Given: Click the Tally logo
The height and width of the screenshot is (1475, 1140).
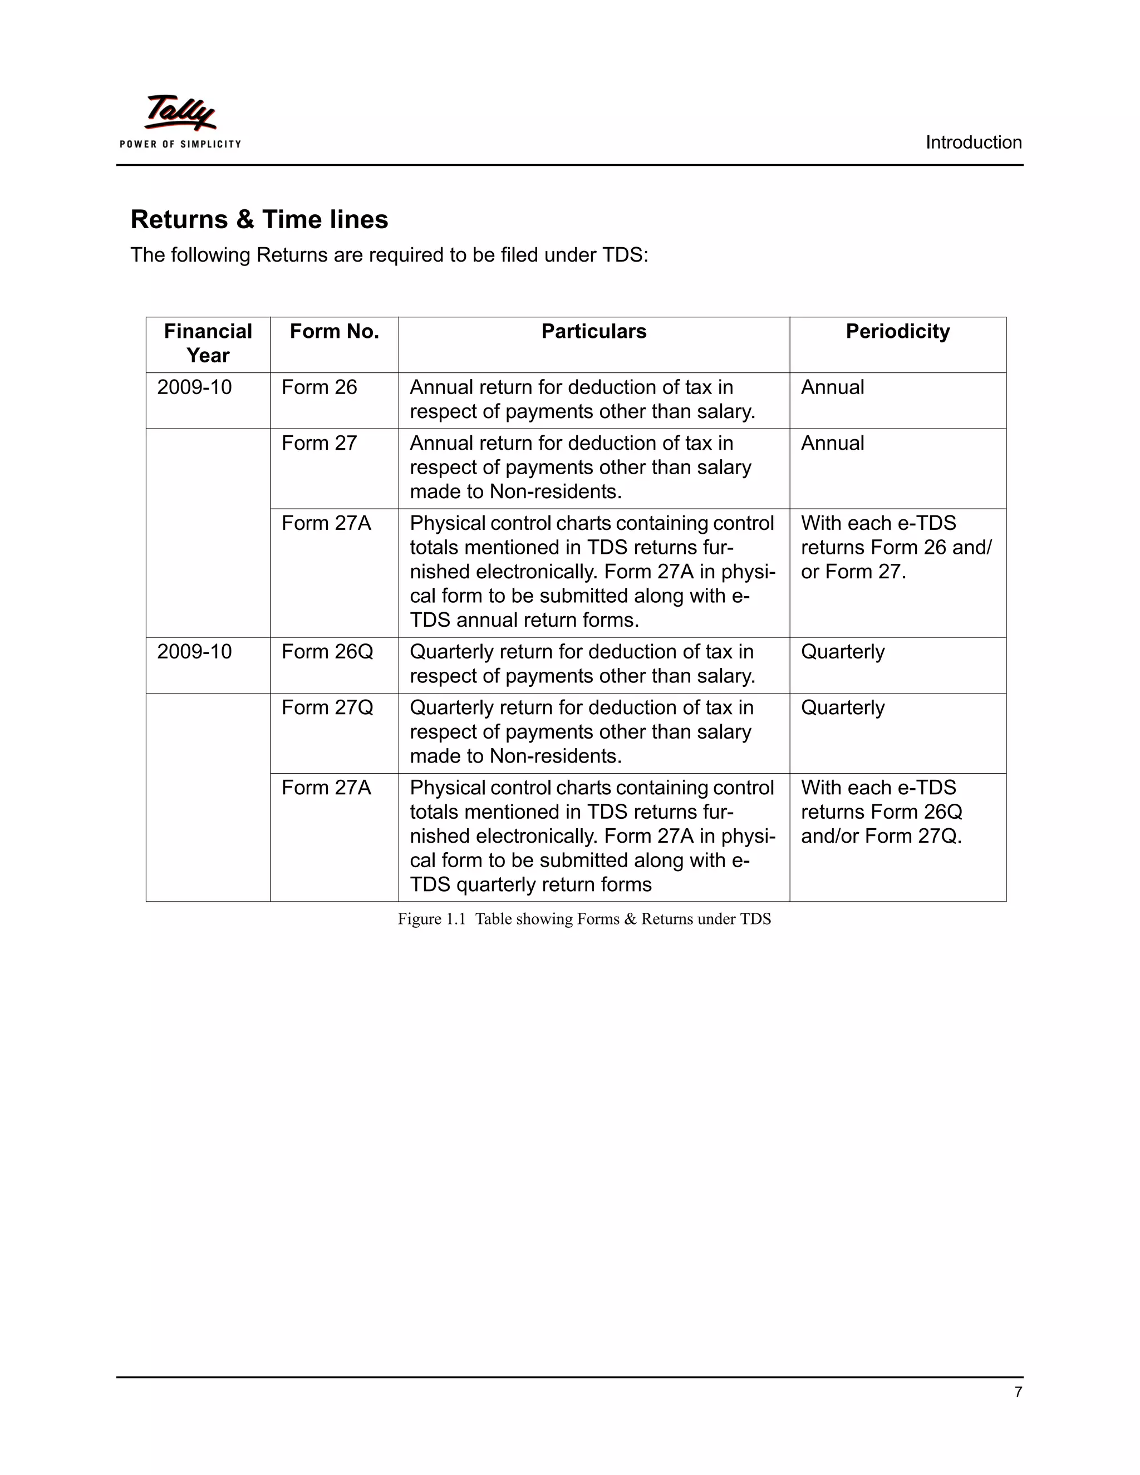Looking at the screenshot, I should coord(180,113).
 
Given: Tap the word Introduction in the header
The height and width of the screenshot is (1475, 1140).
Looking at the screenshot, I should coord(973,142).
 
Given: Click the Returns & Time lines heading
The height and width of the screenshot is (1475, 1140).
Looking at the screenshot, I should coord(259,219).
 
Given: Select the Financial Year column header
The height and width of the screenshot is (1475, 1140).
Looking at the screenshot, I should coord(208,343).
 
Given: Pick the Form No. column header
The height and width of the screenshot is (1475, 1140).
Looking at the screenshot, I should coord(335,332).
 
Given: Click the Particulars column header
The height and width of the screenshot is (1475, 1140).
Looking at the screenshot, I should coord(593,332).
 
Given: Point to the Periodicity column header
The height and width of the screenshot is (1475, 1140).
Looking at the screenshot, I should coord(897,332).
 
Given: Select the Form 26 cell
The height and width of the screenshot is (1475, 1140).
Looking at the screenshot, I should coord(319,387).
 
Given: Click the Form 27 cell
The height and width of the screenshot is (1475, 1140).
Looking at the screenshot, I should coord(319,444).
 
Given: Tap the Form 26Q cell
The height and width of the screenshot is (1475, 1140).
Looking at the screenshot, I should coord(327,652).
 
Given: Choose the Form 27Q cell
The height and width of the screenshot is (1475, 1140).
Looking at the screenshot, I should coord(327,708).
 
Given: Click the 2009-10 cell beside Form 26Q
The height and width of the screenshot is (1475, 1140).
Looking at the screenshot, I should coord(194,652).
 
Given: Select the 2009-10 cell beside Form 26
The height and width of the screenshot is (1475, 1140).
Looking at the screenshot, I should coord(194,387).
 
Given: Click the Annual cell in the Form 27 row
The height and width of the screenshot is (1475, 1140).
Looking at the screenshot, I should coord(832,444).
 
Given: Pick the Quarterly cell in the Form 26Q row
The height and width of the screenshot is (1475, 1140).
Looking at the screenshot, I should coord(842,652).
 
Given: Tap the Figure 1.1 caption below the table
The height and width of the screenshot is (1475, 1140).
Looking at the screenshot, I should coord(584,919).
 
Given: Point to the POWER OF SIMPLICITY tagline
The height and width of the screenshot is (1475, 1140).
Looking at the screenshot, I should coord(180,144).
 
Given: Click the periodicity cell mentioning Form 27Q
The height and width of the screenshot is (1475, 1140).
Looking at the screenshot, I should coord(881,812).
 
